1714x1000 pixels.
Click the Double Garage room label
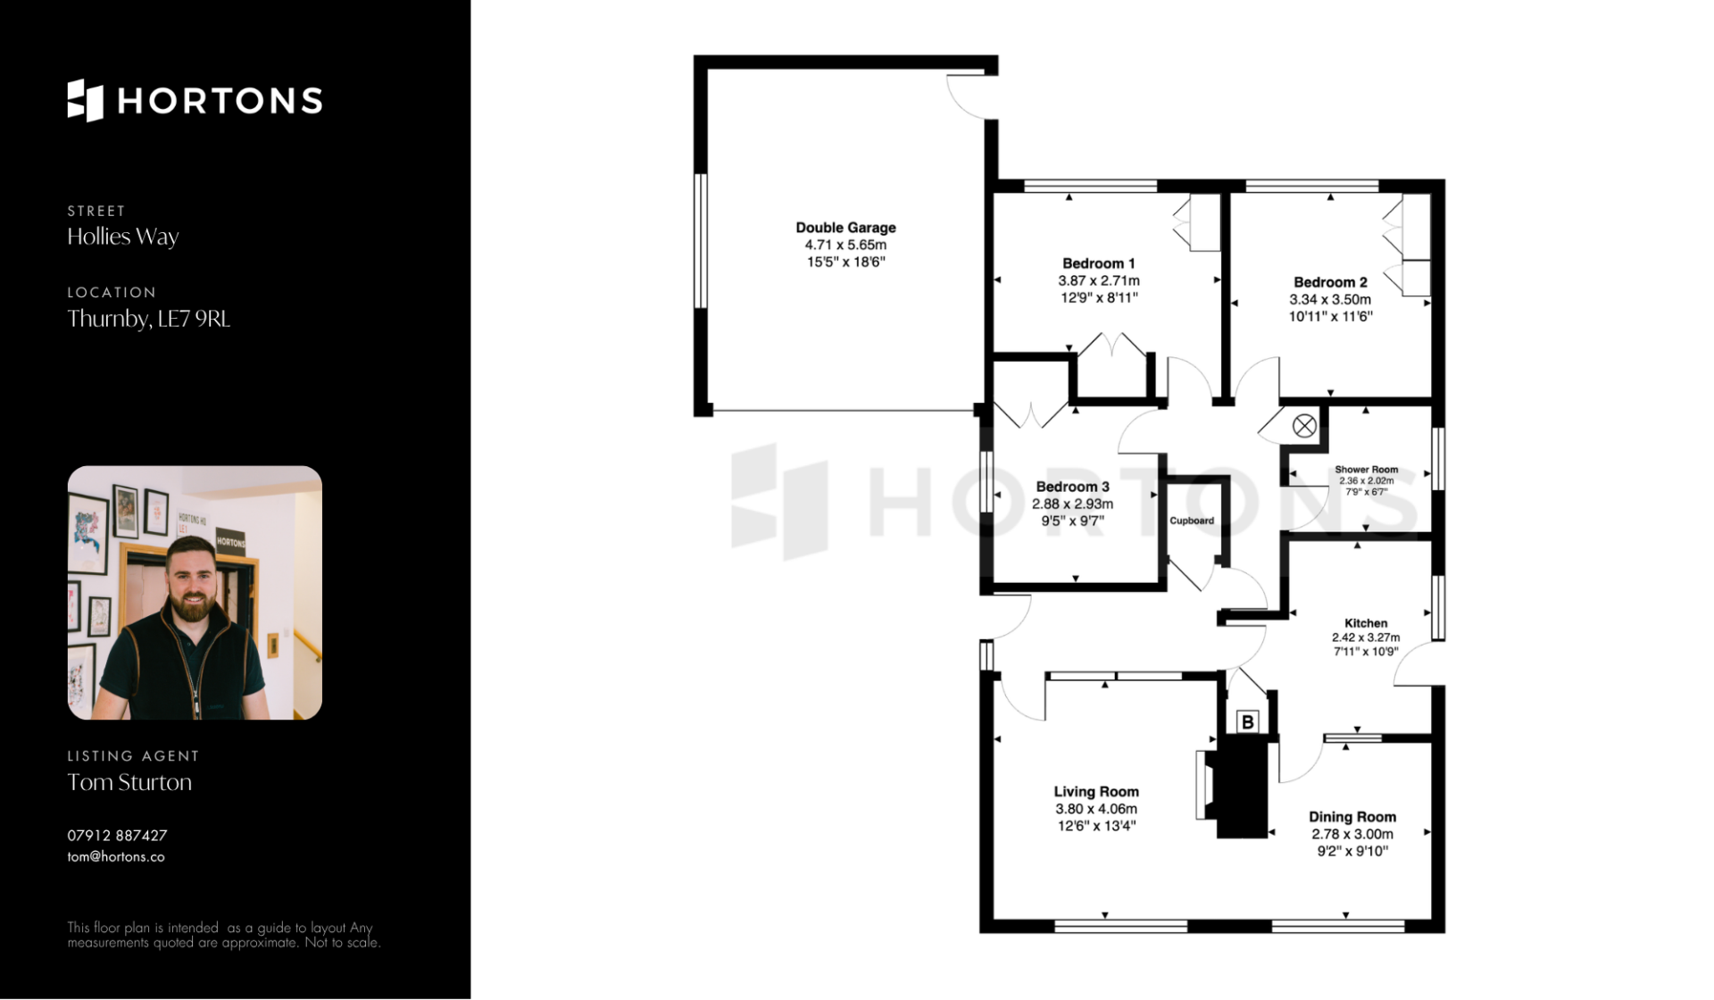coord(845,228)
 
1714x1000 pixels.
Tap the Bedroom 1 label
coord(1098,263)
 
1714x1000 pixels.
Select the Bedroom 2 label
coord(1330,282)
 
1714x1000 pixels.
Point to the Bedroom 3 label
coord(1072,487)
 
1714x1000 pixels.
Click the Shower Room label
coord(1366,470)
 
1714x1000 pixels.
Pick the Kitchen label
coord(1366,623)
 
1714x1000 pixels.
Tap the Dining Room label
coord(1352,817)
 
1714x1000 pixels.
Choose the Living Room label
coord(1095,792)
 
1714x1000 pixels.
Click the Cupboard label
coord(1192,521)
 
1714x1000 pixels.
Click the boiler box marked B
coord(1248,721)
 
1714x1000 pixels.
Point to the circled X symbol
coord(1304,426)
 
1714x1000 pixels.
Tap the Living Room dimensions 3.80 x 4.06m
coord(1095,809)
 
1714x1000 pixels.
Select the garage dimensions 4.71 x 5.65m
coord(845,245)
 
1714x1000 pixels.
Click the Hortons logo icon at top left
coord(86,100)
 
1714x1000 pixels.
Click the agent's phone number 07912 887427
coord(117,836)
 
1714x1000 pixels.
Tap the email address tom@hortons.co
coord(116,857)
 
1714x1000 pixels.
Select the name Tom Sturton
coord(129,782)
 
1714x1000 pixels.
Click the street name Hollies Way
coord(123,237)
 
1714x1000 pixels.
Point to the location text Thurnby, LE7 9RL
coord(149,319)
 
